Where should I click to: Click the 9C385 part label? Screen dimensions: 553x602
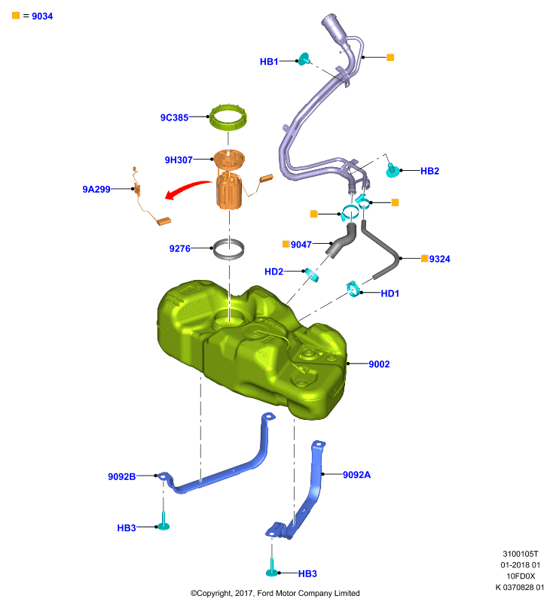coord(174,117)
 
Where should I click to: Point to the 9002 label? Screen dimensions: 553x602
coord(379,364)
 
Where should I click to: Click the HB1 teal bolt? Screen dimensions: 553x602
coord(304,59)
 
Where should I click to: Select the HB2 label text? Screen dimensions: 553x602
coord(429,171)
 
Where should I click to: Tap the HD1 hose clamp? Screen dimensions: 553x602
coord(353,289)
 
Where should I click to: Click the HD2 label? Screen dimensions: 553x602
coord(273,272)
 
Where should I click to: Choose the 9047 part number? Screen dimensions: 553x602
coord(301,245)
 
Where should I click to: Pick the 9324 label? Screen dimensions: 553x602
coord(439,259)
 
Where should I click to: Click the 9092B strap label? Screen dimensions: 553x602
coord(121,476)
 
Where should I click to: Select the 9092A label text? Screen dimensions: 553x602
coord(356,475)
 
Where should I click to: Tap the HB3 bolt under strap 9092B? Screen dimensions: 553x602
coord(163,521)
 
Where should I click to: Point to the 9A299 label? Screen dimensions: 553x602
coord(96,190)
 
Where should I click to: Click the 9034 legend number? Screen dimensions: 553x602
coord(42,16)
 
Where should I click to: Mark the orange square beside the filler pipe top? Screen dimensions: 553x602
coord(390,57)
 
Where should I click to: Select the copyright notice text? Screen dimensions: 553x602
coord(275,593)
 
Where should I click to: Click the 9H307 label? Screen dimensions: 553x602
coord(179,160)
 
